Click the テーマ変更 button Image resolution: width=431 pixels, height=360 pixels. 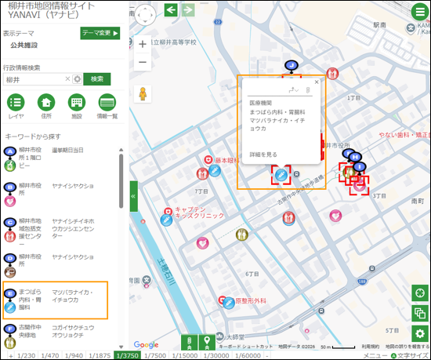(100, 33)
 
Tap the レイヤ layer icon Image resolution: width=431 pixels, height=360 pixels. (16, 102)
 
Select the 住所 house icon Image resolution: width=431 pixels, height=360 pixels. (46, 102)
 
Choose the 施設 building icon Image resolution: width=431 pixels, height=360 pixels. (76, 102)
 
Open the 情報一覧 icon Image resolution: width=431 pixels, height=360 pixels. (107, 102)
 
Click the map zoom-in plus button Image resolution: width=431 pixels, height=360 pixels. (143, 45)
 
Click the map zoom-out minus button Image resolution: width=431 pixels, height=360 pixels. (143, 63)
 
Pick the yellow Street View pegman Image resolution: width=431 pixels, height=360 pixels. (143, 94)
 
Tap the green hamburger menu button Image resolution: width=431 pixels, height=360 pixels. (420, 11)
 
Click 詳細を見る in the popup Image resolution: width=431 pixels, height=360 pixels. (263, 155)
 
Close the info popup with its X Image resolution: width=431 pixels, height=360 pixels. (317, 82)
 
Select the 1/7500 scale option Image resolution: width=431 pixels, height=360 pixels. (156, 355)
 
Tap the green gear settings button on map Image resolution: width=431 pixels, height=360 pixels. (421, 335)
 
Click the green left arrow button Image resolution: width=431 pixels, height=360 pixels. (172, 9)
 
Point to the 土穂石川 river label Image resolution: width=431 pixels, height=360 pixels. (168, 268)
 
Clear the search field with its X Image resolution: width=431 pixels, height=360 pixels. (67, 79)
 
